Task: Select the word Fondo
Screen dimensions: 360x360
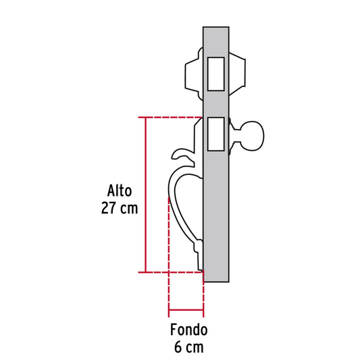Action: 188,331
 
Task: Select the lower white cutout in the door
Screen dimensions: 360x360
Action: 216,134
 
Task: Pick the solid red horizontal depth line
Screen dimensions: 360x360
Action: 185,313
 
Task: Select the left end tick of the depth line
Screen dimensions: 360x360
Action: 168,313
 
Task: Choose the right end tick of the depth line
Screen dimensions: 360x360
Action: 203,313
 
